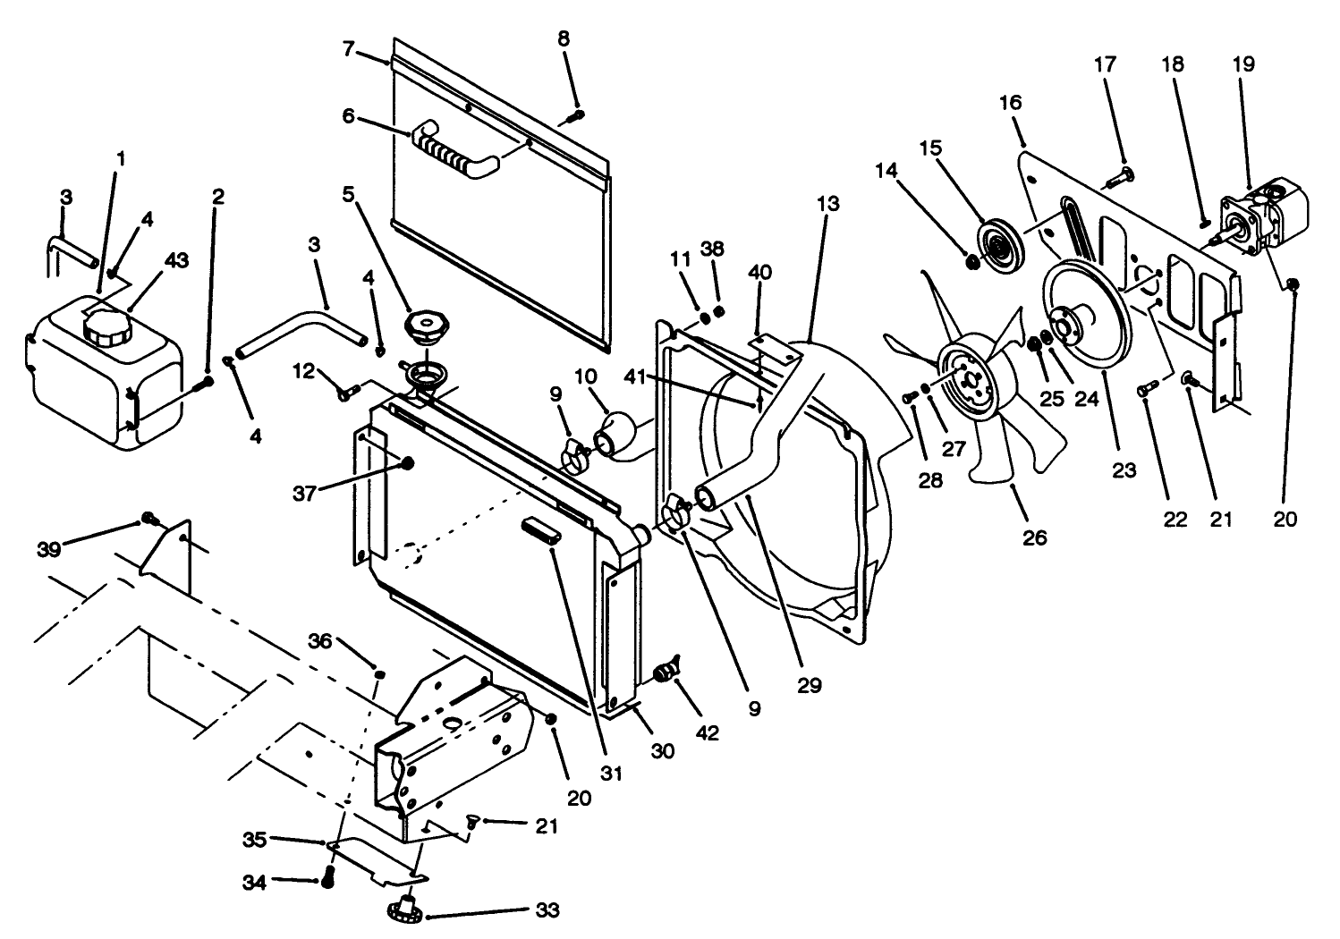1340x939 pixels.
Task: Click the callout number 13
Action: [x=828, y=204]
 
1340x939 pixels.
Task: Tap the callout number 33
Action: [x=547, y=910]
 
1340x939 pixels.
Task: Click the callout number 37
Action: [x=305, y=492]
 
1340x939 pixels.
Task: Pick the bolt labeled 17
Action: [x=1118, y=179]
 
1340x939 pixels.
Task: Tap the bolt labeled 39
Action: [x=149, y=519]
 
